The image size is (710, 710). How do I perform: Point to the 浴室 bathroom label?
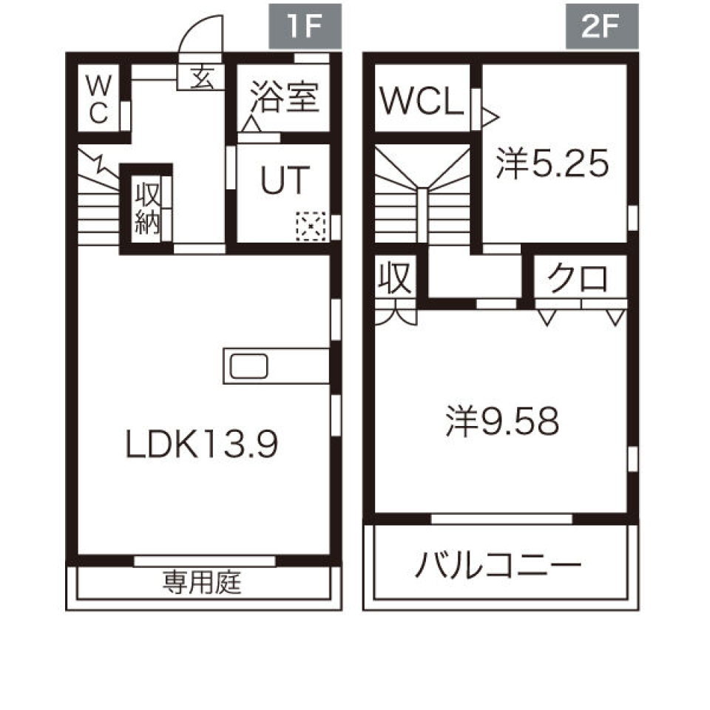point(284,97)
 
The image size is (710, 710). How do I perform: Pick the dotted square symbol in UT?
point(311,226)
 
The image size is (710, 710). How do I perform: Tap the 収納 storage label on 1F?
point(147,209)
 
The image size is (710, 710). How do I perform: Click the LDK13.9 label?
point(200,444)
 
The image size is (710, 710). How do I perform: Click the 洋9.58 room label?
point(502,421)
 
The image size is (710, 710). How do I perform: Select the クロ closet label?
point(578,280)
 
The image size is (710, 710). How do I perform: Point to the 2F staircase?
point(422,195)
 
